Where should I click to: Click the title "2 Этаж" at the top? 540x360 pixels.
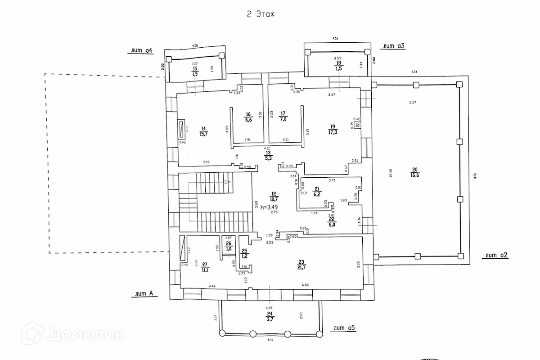(x=260, y=14)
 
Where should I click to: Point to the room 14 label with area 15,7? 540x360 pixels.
(x=203, y=131)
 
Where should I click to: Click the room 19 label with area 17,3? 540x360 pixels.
(x=333, y=129)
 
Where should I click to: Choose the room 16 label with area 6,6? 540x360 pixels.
(x=247, y=117)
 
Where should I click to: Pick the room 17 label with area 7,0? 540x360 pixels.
(x=283, y=117)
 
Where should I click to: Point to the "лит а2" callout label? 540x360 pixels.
(x=495, y=255)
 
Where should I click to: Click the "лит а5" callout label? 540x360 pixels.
(x=343, y=328)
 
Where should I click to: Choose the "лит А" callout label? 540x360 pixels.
(x=143, y=294)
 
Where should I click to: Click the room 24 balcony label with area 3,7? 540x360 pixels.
(x=270, y=316)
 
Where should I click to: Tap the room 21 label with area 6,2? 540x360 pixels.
(x=317, y=191)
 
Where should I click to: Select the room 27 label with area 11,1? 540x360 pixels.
(x=205, y=268)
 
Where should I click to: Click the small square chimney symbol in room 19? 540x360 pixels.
(x=358, y=125)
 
